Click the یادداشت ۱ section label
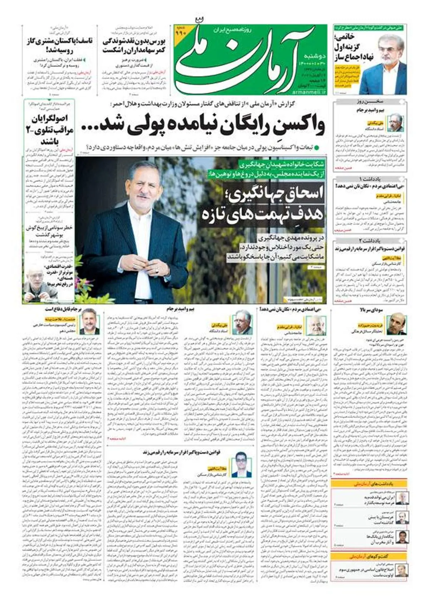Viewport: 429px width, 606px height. tap(370, 178)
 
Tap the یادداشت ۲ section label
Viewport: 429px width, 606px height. tap(370, 241)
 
